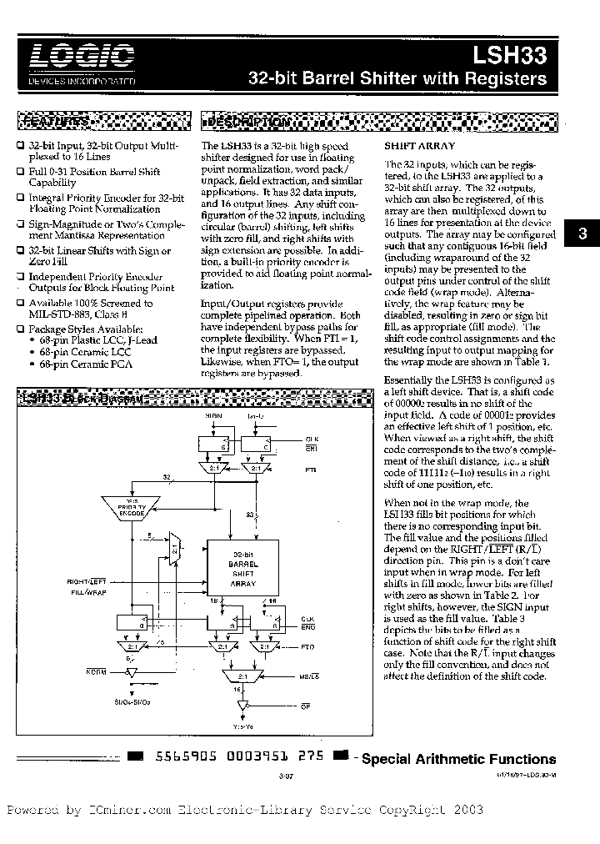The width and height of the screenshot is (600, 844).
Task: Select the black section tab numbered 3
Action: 582,234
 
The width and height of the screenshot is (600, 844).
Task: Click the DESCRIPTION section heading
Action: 248,123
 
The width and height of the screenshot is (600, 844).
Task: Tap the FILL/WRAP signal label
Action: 98,591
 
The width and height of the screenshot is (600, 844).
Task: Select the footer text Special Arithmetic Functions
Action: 458,759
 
